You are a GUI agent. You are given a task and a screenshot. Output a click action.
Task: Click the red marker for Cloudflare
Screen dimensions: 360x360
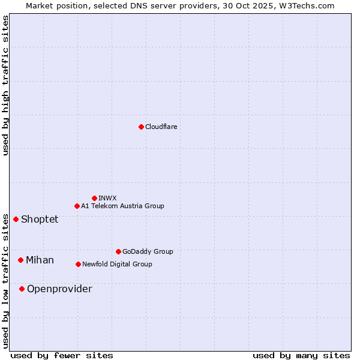141,127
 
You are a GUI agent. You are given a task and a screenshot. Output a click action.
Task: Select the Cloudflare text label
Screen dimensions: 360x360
161,127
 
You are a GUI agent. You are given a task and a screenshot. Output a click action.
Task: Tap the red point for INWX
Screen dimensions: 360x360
94,198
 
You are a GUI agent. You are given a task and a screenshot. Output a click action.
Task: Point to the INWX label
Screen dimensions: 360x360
107,198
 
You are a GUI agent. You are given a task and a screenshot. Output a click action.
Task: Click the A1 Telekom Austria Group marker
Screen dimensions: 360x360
77,206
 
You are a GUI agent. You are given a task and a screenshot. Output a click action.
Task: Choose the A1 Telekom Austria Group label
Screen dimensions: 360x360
122,206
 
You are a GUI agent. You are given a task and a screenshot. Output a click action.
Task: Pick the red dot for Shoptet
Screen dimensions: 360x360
16,219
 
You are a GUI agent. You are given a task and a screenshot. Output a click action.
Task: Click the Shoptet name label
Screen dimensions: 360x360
40,219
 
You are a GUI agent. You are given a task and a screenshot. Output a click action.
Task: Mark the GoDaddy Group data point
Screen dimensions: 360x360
118,251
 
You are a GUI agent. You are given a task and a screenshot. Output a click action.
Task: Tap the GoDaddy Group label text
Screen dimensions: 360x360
148,251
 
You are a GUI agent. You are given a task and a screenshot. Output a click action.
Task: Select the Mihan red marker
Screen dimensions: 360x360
20,260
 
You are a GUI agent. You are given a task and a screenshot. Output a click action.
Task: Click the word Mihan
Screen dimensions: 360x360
40,260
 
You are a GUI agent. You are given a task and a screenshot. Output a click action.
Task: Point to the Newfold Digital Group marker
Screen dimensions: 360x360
78,264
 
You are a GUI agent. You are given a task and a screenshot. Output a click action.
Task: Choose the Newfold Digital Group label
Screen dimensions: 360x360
117,264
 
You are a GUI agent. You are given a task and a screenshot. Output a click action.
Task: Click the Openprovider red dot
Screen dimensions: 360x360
22,289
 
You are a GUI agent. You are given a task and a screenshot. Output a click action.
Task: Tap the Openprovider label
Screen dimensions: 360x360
59,289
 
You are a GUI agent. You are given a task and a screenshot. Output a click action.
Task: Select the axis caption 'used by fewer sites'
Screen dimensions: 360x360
62,355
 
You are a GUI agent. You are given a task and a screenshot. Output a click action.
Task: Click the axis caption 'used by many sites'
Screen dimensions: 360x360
301,355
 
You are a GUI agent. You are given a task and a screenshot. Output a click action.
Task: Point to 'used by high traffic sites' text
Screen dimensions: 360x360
5,85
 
